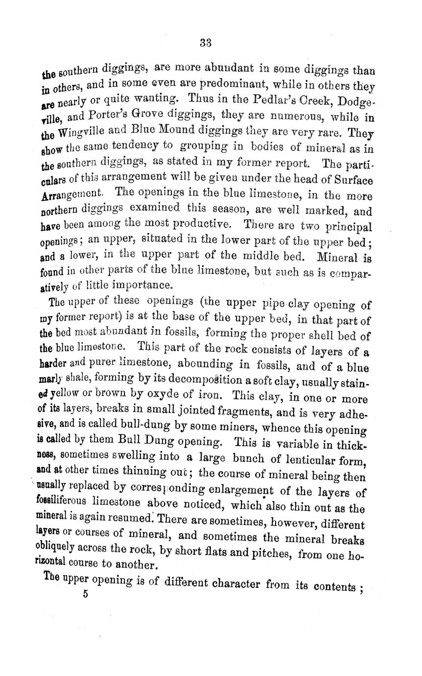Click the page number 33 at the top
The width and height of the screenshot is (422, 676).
tap(205, 43)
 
